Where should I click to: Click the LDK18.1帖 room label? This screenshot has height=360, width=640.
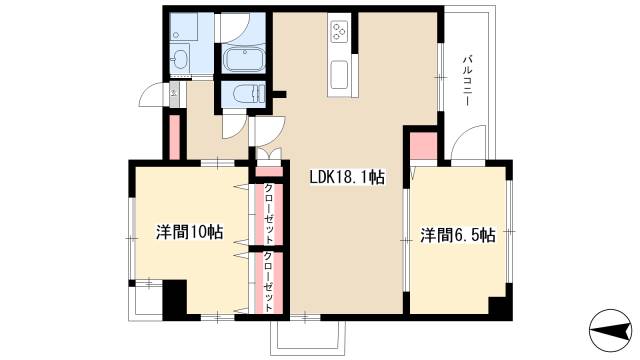tap(346, 178)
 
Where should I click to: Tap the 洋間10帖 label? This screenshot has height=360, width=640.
tap(189, 232)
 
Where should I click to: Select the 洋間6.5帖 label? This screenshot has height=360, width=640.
tap(457, 236)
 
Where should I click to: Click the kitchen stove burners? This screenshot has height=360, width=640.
tap(338, 33)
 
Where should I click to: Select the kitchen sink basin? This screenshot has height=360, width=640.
tap(338, 73)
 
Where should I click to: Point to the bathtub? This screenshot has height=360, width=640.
tap(243, 60)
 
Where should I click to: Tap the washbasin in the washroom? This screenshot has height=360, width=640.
tap(180, 59)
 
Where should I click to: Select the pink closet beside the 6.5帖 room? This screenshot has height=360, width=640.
tap(423, 146)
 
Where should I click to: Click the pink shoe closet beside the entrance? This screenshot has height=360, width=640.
tap(174, 138)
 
